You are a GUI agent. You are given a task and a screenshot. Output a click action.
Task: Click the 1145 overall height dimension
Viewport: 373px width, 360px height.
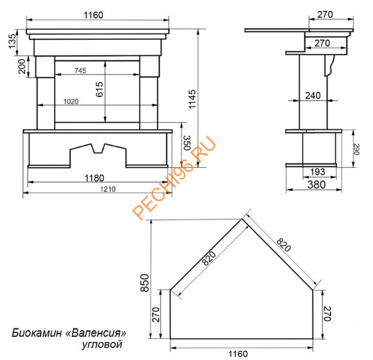(192, 99)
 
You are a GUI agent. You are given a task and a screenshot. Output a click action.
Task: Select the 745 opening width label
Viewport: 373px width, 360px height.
(80, 71)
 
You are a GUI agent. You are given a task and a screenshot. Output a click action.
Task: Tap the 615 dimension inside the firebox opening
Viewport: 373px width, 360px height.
(100, 89)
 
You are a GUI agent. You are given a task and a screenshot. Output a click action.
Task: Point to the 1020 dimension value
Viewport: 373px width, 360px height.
(71, 102)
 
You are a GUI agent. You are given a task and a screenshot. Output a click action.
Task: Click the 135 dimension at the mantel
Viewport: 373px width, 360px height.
(12, 41)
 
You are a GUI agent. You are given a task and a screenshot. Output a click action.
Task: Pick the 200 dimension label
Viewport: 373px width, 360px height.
(22, 67)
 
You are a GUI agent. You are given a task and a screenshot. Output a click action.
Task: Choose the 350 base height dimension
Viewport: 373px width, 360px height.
(187, 143)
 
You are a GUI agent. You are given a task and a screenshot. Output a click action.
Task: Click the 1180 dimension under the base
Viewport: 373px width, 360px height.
(95, 178)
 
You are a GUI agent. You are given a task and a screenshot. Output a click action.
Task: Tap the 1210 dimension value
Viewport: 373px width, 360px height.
(108, 189)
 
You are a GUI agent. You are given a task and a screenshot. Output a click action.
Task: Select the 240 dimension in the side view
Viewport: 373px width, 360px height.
(313, 96)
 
